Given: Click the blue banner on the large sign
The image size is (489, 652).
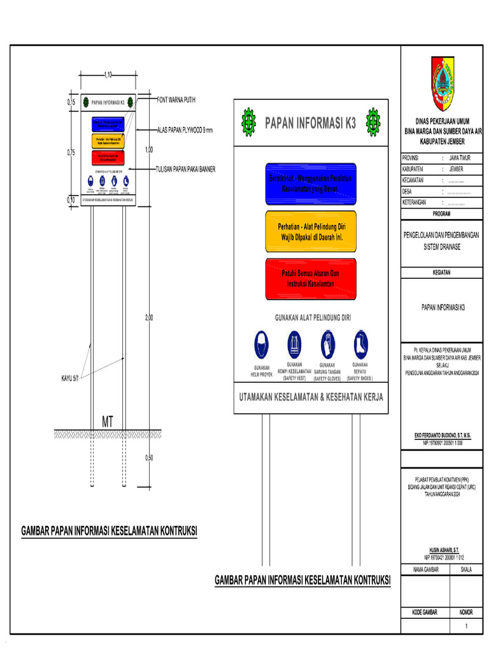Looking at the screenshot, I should [311, 184].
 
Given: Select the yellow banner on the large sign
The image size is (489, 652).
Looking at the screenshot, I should [311, 231].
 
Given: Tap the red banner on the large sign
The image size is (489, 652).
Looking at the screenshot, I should [311, 278].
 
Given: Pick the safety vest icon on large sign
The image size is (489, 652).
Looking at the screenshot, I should [294, 344].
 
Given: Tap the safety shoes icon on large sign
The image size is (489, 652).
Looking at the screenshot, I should [361, 343].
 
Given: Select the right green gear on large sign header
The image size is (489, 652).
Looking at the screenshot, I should [372, 122].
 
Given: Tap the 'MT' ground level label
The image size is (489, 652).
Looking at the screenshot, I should [108, 422].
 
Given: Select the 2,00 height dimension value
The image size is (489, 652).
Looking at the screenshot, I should [148, 317].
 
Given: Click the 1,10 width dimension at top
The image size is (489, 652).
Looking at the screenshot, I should [108, 75].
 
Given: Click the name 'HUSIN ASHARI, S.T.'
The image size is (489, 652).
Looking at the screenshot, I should [444, 548].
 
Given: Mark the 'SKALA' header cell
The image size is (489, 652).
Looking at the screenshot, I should [466, 570].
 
